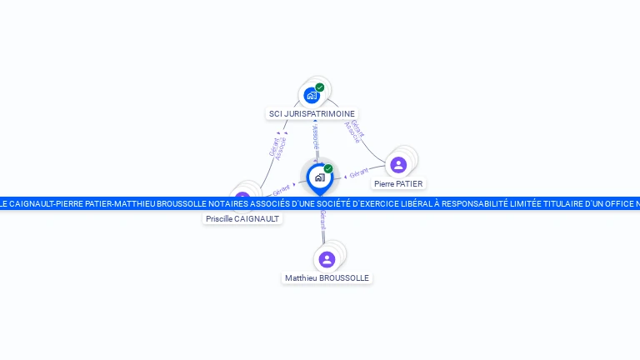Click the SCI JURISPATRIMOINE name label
tap(312, 113)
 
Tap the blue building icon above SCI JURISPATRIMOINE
tap(312, 95)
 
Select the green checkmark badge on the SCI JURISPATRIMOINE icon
tap(320, 87)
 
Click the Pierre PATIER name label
tap(398, 183)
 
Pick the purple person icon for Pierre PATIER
tap(398, 164)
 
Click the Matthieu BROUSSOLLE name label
tap(327, 278)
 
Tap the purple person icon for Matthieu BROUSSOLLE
tap(327, 259)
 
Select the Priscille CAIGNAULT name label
tap(243, 218)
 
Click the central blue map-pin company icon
tap(319, 177)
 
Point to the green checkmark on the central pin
tap(328, 168)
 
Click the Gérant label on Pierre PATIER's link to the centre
tap(358, 173)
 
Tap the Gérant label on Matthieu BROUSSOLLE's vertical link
tap(322, 221)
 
